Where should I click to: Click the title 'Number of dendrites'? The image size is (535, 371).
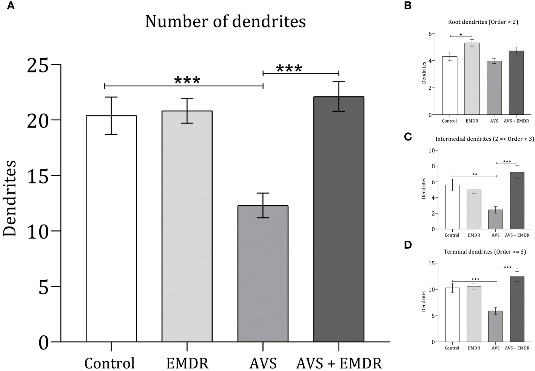(225, 22)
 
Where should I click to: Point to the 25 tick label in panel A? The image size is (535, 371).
(38, 65)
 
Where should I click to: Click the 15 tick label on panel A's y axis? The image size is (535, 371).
(38, 175)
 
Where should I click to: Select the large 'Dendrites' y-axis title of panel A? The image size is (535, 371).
(10, 198)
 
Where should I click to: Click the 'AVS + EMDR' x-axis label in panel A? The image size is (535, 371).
(339, 363)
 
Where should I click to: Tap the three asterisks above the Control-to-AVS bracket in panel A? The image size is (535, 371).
(187, 80)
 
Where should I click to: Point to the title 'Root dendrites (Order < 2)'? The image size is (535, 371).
(483, 22)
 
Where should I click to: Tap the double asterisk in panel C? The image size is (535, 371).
(475, 174)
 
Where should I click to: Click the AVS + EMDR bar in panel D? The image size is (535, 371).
(517, 309)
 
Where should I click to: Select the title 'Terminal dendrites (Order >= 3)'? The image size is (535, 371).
(484, 252)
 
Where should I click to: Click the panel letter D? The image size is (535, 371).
(408, 245)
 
